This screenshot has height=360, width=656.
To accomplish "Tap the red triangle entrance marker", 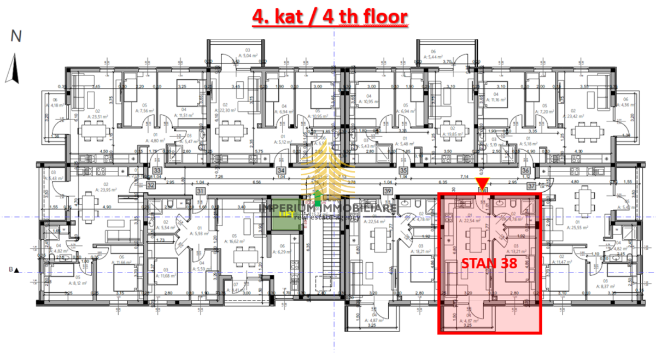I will pos(482,182).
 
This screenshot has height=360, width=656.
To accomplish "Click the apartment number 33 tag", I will pos(157,170).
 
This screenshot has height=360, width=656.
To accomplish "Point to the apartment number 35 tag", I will pos(404,170).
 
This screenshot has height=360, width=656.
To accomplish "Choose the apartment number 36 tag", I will pos(525,170).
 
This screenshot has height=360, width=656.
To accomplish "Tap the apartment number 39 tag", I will pos(388,191).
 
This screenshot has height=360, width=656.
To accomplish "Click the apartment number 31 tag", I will pos(201,191).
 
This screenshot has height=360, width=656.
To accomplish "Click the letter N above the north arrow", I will pos(16,37).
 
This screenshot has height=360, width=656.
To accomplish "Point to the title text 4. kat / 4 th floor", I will pos(330,16).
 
